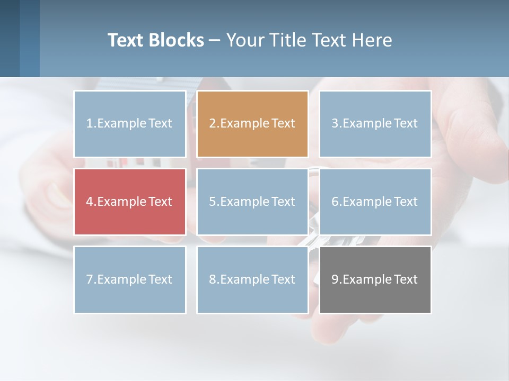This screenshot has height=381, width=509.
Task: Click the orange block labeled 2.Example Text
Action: coord(252,124)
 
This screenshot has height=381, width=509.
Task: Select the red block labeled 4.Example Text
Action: coord(130,202)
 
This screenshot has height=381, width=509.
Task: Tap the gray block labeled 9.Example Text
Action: coord(375,279)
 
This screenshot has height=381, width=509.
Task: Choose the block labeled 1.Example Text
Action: coord(130,124)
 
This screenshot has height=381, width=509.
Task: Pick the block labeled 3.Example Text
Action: coord(375,124)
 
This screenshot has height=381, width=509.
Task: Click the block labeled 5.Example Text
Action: coord(252,202)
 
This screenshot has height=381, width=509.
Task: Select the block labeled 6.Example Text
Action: coord(375,202)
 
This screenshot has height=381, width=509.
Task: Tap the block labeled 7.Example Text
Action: coord(130,279)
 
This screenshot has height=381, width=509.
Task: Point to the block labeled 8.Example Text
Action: coord(252,279)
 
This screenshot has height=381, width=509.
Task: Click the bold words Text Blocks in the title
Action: coord(155,40)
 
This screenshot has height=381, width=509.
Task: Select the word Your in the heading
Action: coord(246,40)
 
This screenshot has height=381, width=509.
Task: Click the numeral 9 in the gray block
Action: coord(335,279)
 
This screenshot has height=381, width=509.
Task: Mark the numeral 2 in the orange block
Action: coord(212,124)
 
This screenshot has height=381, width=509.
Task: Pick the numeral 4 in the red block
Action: coord(90,202)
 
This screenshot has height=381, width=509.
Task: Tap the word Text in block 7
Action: coord(160,279)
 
